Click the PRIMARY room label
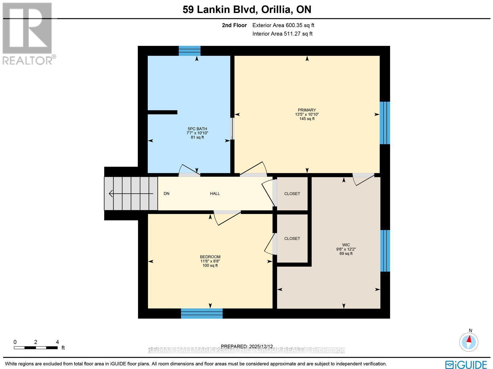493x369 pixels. coord(307,110)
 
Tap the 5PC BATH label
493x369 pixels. coord(197,129)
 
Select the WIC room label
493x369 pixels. coord(346,245)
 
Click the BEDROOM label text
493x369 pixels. coord(210,257)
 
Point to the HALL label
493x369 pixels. coord(215,193)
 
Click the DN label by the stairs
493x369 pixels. coord(166,193)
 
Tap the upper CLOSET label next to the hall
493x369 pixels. coord(292,193)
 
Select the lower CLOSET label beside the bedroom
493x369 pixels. coord(292,238)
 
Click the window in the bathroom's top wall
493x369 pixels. coord(189,51)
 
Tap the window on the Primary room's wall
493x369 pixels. coord(385,123)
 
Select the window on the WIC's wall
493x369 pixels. coord(385,251)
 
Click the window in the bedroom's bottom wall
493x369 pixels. coord(202,313)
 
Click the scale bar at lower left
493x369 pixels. coord(36,347)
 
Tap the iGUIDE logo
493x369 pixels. coord(466,364)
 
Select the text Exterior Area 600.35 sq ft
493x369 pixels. coord(283,26)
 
